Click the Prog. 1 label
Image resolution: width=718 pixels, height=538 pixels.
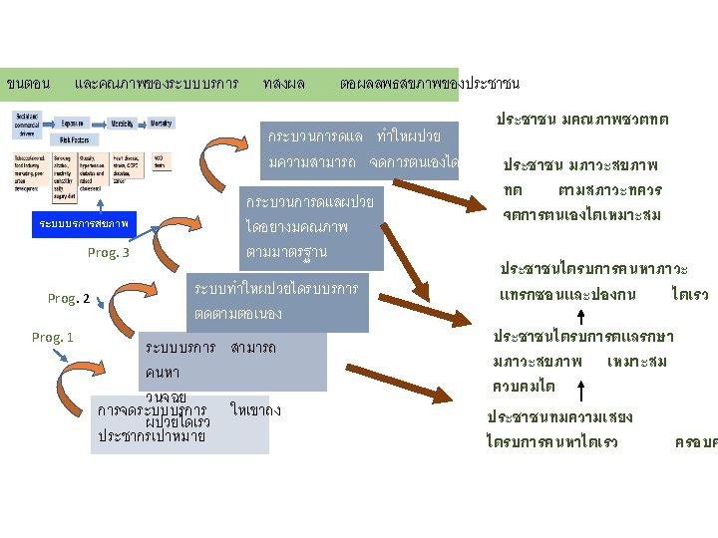point(52,337)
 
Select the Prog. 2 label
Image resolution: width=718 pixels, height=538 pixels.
point(69,298)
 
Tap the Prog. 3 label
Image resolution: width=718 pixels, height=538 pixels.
point(108,253)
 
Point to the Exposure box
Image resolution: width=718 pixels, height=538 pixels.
point(72,123)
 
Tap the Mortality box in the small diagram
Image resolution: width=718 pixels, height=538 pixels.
point(161,123)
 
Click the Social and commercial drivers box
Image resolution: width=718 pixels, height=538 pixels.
point(27,124)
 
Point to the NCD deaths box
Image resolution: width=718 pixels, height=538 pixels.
point(161,161)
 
